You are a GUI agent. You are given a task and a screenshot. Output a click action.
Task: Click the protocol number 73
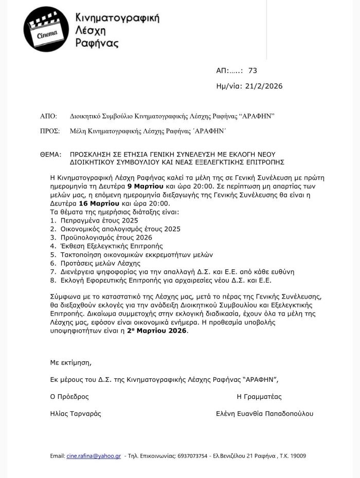coord(252,70)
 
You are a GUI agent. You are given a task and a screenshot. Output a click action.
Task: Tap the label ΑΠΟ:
coord(48,117)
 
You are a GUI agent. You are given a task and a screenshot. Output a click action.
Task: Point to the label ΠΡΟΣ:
coord(50,132)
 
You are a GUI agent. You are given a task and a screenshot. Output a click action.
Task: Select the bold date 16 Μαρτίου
coord(97,203)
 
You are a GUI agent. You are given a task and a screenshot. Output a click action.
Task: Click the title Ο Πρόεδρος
coord(69,397)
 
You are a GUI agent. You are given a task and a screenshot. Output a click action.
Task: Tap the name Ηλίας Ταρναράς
coord(76,413)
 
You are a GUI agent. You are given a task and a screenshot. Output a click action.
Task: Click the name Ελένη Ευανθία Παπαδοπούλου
coord(264,413)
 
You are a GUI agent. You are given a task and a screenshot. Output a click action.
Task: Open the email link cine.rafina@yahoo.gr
coord(94,456)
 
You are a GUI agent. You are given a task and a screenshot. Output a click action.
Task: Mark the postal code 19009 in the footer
coord(298,456)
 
